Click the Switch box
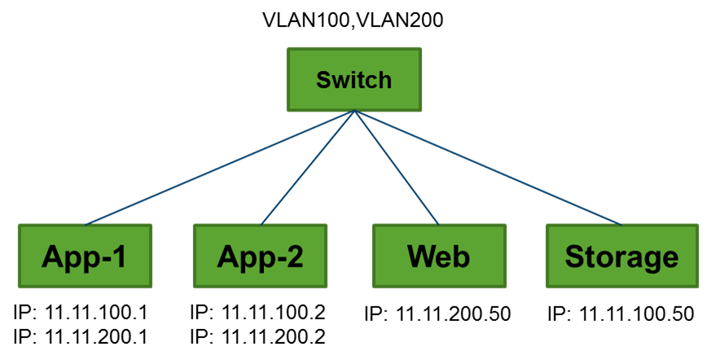(353, 80)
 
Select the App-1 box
(86, 257)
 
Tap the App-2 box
(261, 257)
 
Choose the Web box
(439, 257)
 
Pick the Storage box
(622, 257)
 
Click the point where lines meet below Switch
(353, 112)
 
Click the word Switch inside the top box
(353, 80)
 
